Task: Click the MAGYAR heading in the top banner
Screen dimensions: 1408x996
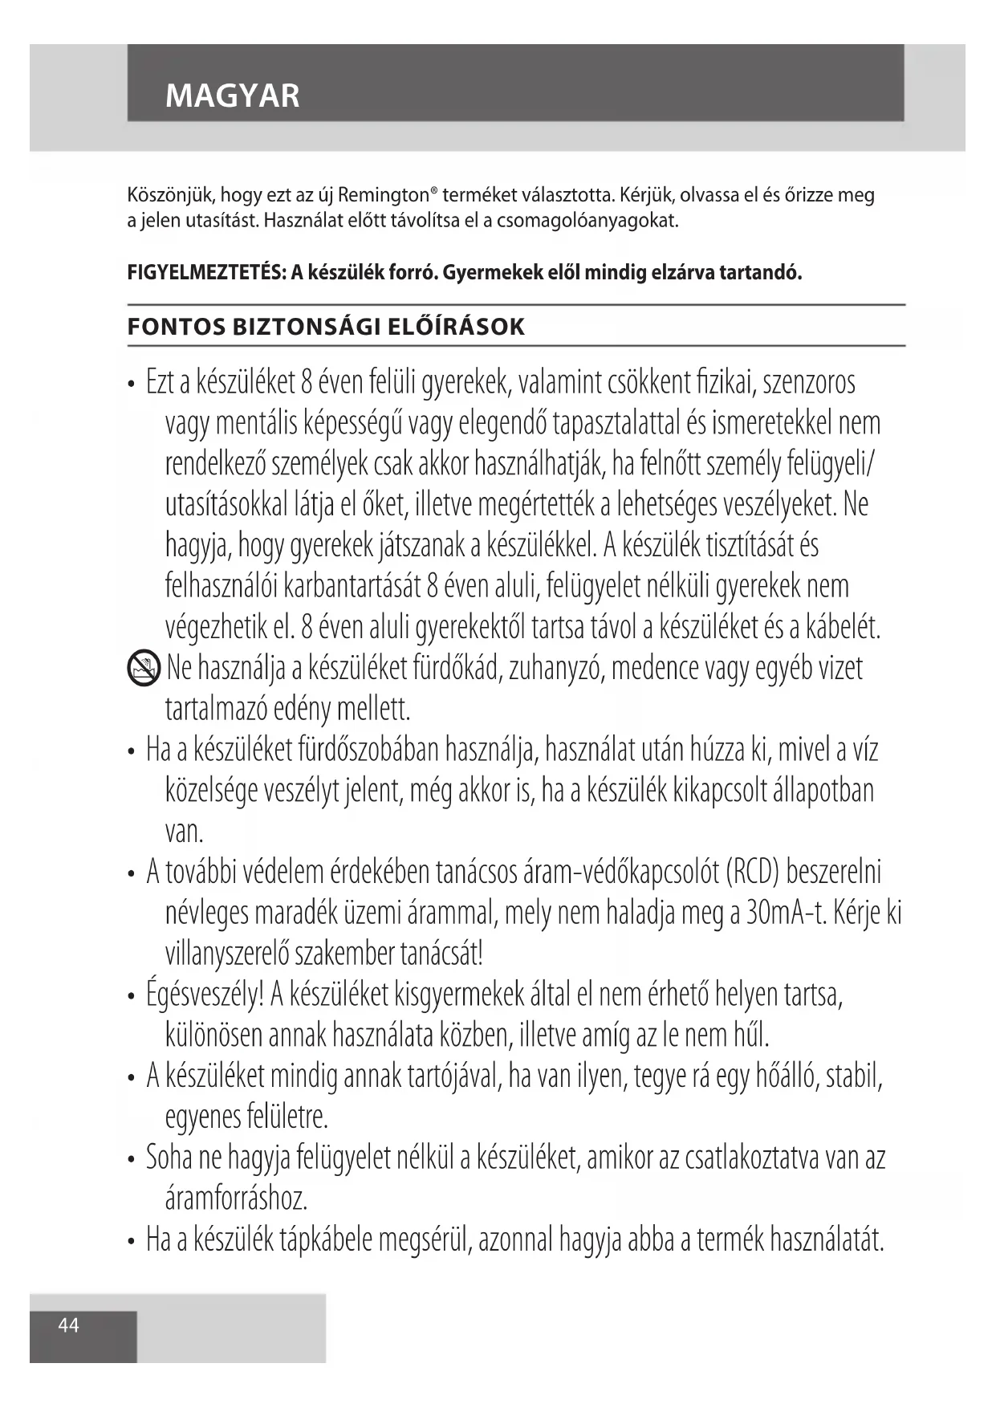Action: point(232,96)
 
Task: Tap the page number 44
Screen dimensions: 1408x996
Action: point(69,1325)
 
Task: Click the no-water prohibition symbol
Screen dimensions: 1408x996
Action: point(144,669)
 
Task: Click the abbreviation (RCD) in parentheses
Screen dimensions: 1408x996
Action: point(752,873)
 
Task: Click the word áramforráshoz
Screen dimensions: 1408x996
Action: point(237,1200)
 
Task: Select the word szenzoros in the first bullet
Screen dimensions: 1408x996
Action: point(808,383)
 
